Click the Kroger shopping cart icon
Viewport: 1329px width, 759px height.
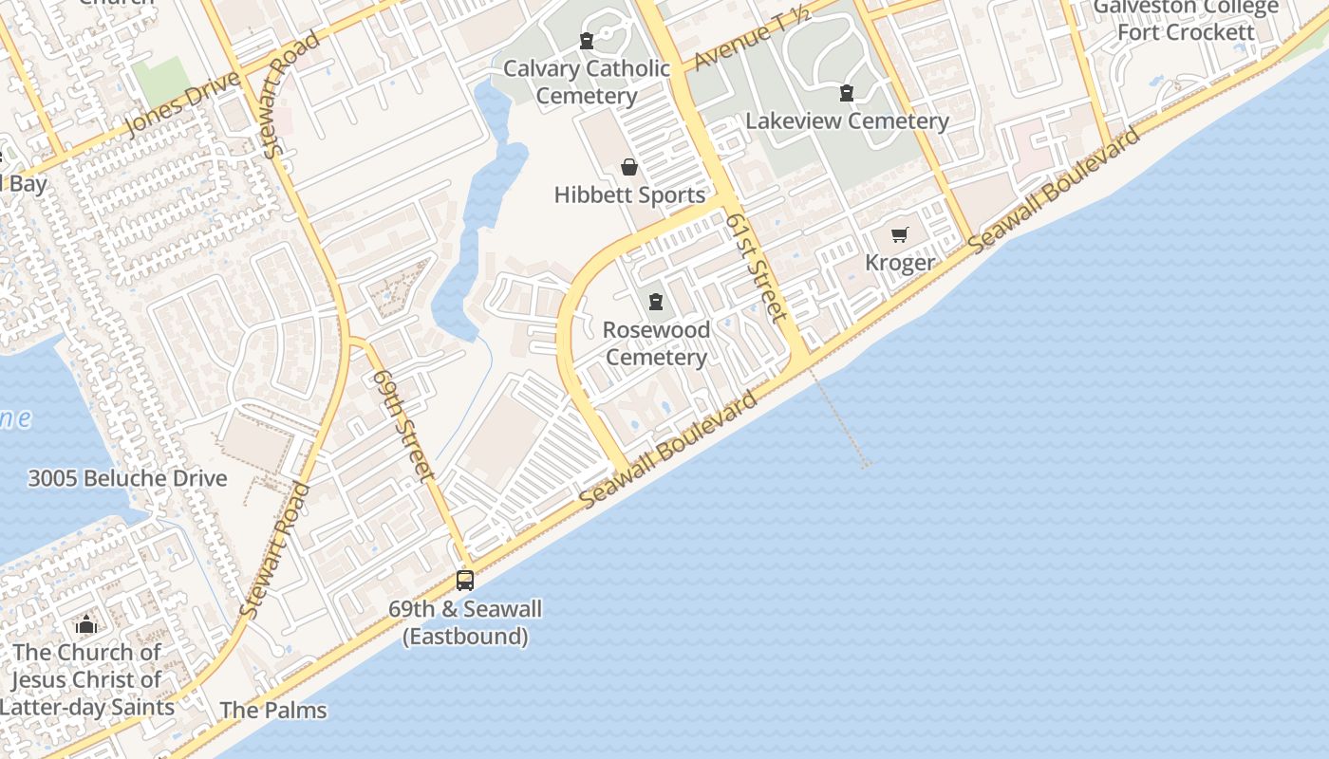(x=899, y=234)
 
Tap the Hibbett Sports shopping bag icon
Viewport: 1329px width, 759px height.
(x=628, y=168)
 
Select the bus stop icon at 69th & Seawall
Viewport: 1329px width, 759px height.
(x=465, y=580)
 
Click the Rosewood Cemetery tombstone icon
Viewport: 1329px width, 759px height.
(x=655, y=303)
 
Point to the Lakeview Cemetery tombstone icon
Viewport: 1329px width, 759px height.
(x=846, y=93)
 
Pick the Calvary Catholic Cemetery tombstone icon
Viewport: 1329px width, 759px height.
(x=587, y=41)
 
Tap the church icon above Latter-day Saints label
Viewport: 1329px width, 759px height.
(x=86, y=624)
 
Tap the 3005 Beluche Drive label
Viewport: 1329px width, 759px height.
(x=127, y=478)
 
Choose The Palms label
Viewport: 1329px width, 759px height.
(x=273, y=710)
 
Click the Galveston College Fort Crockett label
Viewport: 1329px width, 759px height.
(x=1186, y=20)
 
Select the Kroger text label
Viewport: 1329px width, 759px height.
(x=900, y=263)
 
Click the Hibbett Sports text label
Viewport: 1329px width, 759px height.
(x=630, y=195)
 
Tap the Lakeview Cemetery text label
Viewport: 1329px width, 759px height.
(x=847, y=121)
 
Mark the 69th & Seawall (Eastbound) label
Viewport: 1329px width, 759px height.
(x=465, y=622)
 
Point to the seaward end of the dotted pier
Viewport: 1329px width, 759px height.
(x=865, y=465)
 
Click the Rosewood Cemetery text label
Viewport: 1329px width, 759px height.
(x=656, y=343)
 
